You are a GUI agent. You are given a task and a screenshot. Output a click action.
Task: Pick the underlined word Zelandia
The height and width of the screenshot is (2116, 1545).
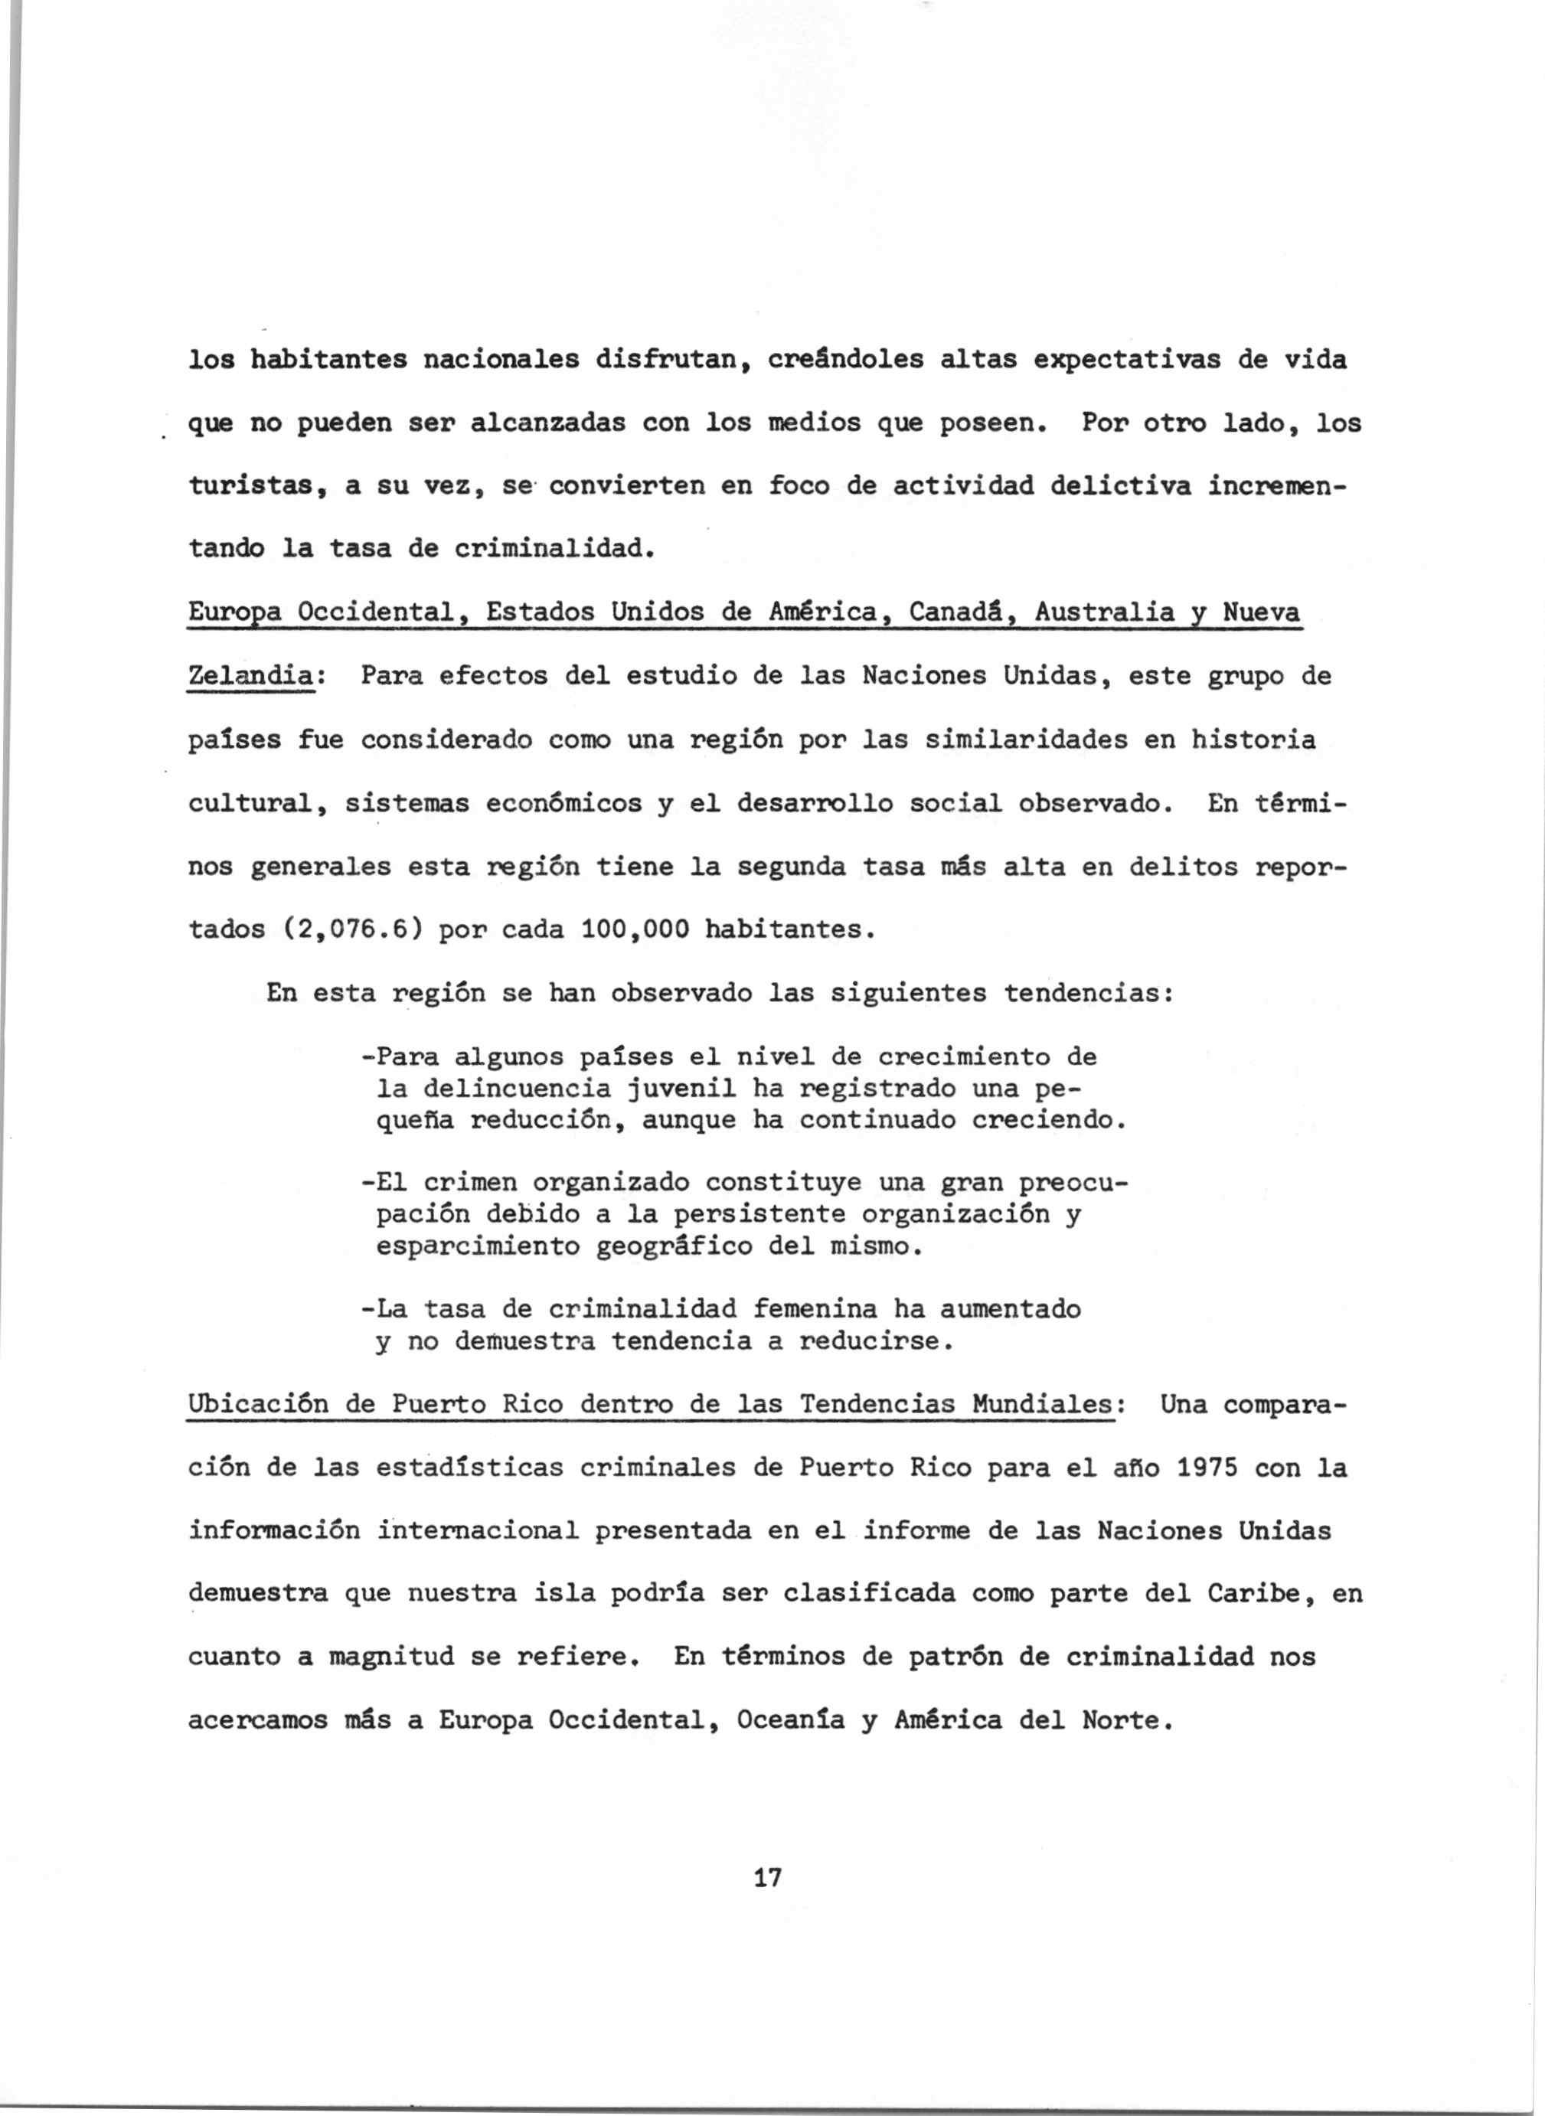[250, 675]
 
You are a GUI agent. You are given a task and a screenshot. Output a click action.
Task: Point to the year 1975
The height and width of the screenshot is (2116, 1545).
[1207, 1468]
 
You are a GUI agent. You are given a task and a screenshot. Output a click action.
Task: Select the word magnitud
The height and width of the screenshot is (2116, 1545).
[392, 1657]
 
